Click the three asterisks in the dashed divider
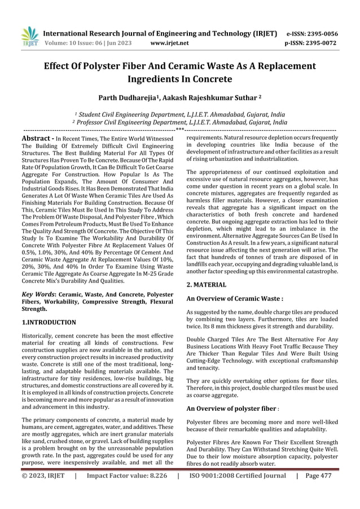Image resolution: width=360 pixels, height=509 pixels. tap(180, 130)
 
